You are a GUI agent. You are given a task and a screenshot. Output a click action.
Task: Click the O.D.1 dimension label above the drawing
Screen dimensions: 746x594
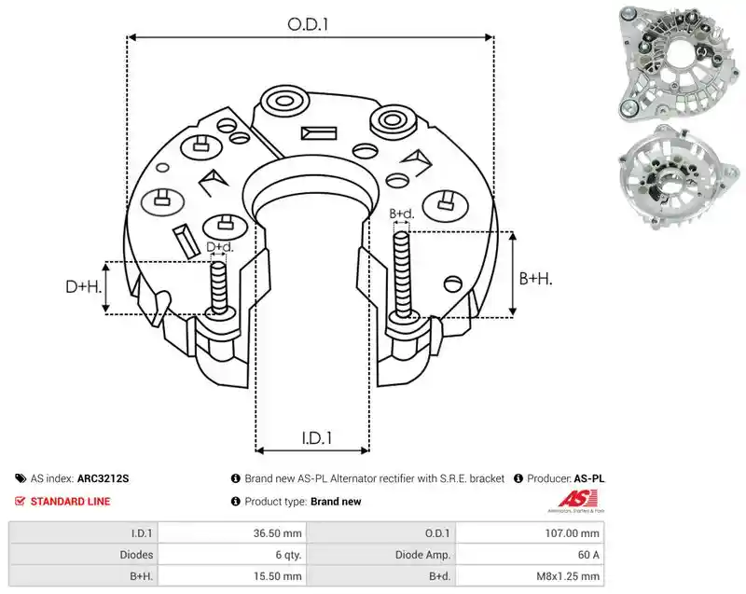(x=308, y=24)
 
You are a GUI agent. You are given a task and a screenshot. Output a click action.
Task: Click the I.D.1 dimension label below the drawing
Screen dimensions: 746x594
(x=317, y=438)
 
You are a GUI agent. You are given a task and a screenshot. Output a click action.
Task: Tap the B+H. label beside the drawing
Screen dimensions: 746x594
(x=535, y=279)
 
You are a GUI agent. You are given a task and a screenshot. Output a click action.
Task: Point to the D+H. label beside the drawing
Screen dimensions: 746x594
(x=84, y=286)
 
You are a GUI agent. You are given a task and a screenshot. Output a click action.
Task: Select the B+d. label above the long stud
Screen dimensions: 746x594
(x=402, y=214)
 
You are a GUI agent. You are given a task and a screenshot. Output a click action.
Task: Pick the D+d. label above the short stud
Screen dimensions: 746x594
(x=220, y=247)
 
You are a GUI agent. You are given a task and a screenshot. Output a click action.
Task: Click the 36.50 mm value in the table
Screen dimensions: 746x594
(x=277, y=533)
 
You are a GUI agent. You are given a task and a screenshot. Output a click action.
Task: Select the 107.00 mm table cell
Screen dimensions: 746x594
(x=572, y=533)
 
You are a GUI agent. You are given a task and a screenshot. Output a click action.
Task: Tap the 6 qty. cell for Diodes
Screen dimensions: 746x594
(x=289, y=555)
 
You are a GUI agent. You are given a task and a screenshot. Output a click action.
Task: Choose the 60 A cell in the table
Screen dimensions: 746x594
(x=588, y=555)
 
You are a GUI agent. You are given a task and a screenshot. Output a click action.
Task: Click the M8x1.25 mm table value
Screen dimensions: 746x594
(x=568, y=576)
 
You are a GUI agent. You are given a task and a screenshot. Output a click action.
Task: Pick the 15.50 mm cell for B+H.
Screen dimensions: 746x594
(x=278, y=576)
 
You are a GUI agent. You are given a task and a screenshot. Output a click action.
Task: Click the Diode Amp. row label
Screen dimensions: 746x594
(x=422, y=555)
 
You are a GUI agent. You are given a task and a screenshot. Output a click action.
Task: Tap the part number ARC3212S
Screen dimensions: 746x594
(x=103, y=478)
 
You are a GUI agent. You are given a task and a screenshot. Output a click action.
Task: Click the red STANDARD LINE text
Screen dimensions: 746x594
(x=71, y=502)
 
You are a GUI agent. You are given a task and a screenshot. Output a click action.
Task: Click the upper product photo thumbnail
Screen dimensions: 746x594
(x=680, y=63)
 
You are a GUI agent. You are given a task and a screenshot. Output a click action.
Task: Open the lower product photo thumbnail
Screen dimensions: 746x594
(x=679, y=178)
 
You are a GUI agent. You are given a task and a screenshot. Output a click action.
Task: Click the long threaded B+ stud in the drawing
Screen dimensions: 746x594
(x=402, y=275)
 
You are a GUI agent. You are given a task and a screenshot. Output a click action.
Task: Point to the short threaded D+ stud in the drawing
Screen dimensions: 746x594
(x=219, y=288)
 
